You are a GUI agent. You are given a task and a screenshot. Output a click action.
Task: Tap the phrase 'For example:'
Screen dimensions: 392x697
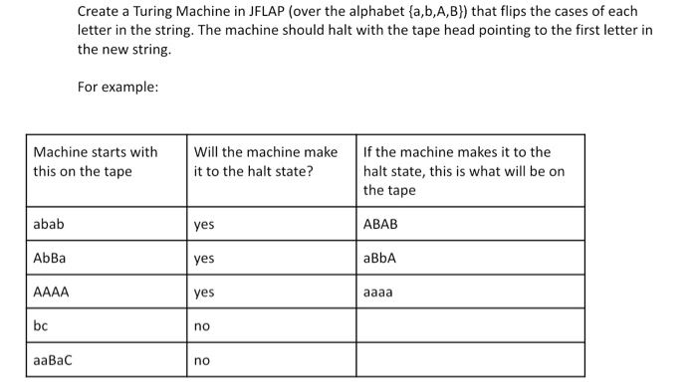117,87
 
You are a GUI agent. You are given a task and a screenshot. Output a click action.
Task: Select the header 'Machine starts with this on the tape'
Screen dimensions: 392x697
96,161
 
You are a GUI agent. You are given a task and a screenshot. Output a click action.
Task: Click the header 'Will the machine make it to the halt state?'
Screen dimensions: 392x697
266,161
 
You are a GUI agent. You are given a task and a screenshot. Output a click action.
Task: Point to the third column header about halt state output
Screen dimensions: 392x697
464,170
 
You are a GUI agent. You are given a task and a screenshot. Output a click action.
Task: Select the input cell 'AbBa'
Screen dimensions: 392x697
51,258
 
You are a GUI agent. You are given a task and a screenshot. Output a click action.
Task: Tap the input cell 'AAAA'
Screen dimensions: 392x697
52,293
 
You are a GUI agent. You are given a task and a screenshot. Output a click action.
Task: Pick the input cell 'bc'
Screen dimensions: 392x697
41,325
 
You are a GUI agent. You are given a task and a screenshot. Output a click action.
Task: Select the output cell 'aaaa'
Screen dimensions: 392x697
379,293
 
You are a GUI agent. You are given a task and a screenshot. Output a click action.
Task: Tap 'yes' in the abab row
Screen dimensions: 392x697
204,225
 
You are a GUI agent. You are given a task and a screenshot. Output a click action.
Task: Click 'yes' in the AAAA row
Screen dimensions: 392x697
204,293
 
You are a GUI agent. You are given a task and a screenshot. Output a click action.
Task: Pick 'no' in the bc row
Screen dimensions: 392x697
202,325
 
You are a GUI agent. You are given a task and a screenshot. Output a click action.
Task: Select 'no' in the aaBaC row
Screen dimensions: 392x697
202,359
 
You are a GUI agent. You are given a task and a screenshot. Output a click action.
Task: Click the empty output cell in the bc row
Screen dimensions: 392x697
470,325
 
